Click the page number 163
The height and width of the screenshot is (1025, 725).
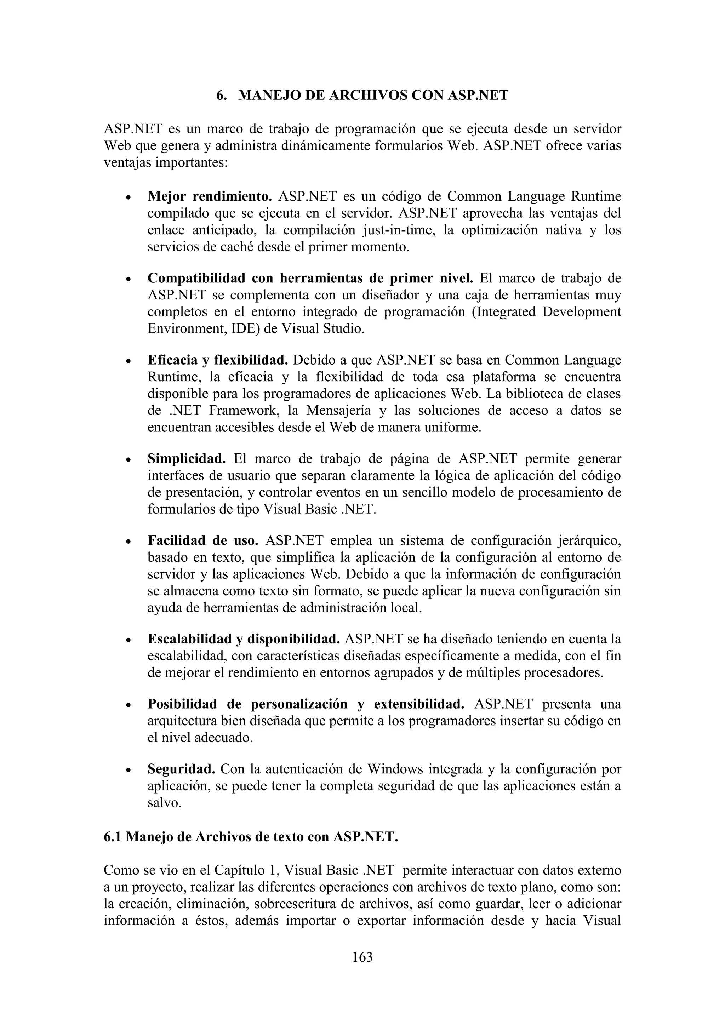pos(362,957)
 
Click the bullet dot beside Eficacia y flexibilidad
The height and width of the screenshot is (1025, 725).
pos(129,361)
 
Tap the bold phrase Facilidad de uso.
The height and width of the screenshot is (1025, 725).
pos(203,541)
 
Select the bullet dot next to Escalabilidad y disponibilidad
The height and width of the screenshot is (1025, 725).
pos(129,640)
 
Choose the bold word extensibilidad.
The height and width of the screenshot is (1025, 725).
pos(419,704)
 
